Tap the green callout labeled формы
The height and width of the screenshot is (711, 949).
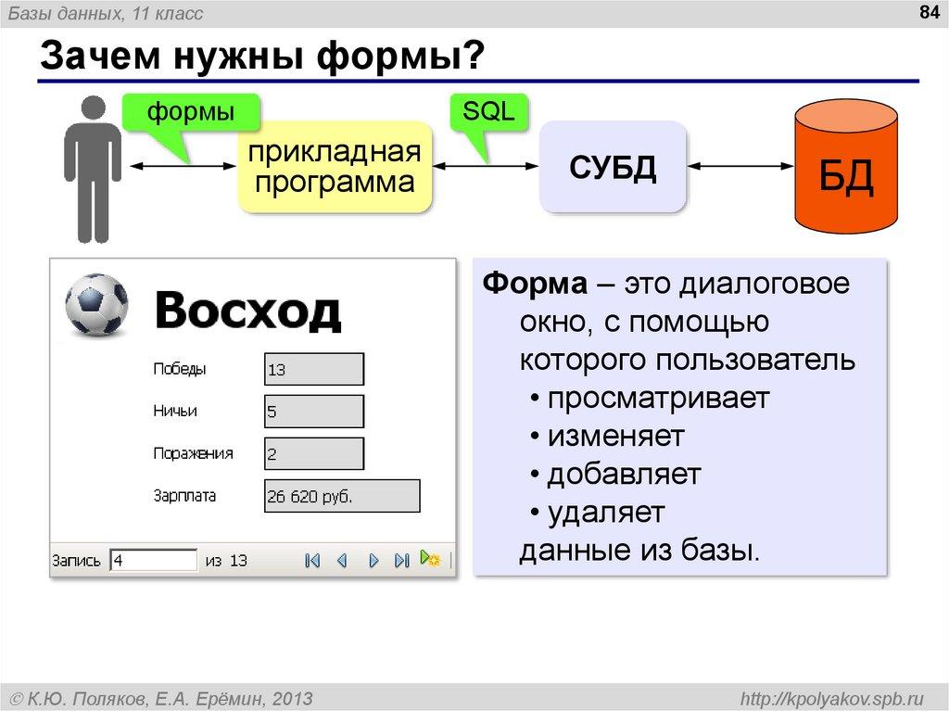(191, 113)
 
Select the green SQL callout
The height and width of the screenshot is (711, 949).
(488, 113)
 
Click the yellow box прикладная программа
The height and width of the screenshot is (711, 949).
(335, 167)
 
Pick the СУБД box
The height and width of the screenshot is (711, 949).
(613, 167)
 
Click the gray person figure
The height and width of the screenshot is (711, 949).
(93, 167)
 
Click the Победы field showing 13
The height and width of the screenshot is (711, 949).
(313, 370)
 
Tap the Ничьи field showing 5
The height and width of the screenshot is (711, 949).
(313, 412)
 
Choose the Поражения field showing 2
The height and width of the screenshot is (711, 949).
(313, 453)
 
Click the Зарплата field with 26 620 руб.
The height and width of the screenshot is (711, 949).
(341, 496)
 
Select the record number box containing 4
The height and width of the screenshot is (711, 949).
(153, 560)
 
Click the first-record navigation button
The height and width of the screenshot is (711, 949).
(312, 560)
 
